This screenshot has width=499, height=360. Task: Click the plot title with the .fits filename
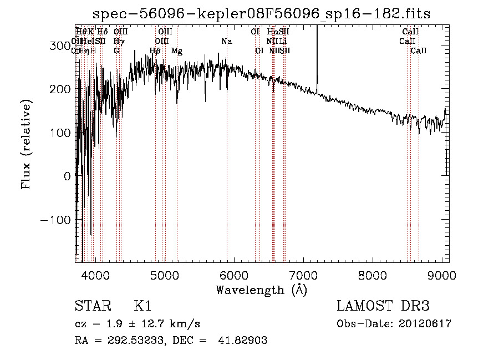pos(262,13)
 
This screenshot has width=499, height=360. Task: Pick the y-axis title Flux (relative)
pos(26,144)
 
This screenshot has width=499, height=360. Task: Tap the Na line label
pos(226,42)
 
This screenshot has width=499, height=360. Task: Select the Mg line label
pos(177,51)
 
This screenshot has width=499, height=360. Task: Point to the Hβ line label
pos(155,51)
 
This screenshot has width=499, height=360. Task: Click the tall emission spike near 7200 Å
pos(317,55)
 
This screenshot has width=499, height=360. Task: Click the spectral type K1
pos(142,306)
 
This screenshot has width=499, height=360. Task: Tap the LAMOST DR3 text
pos(383,306)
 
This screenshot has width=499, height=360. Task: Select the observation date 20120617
pos(425,324)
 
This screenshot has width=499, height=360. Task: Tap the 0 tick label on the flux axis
pos(67,176)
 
